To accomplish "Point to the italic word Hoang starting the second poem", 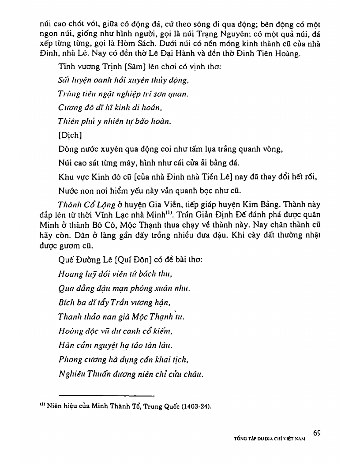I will [68, 274].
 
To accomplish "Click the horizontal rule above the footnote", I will [106, 395].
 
